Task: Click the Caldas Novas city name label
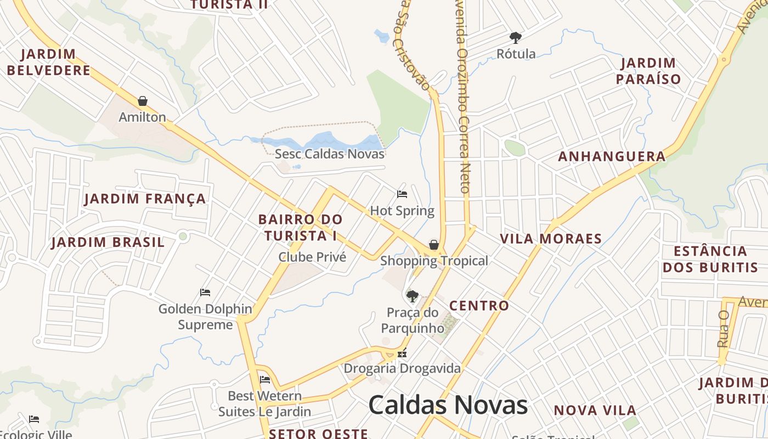tap(448, 405)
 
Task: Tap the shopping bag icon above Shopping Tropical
tap(434, 245)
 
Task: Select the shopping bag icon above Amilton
tap(143, 101)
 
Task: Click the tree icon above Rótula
tap(515, 38)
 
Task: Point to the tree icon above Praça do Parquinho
tap(413, 296)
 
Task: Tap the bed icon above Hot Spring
tap(402, 194)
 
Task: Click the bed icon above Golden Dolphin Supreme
tap(205, 292)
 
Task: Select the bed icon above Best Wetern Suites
tap(265, 379)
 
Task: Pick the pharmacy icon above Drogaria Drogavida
tap(402, 354)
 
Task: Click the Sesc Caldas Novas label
tap(330, 154)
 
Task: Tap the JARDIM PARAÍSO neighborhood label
tap(648, 71)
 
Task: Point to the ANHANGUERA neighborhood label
tap(612, 156)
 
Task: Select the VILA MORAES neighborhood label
tap(551, 239)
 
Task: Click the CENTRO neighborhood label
tap(479, 306)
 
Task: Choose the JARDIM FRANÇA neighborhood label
tap(145, 199)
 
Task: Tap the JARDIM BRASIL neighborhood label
tap(108, 242)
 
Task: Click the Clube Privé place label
tap(312, 257)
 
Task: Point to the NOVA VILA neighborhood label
tap(595, 410)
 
